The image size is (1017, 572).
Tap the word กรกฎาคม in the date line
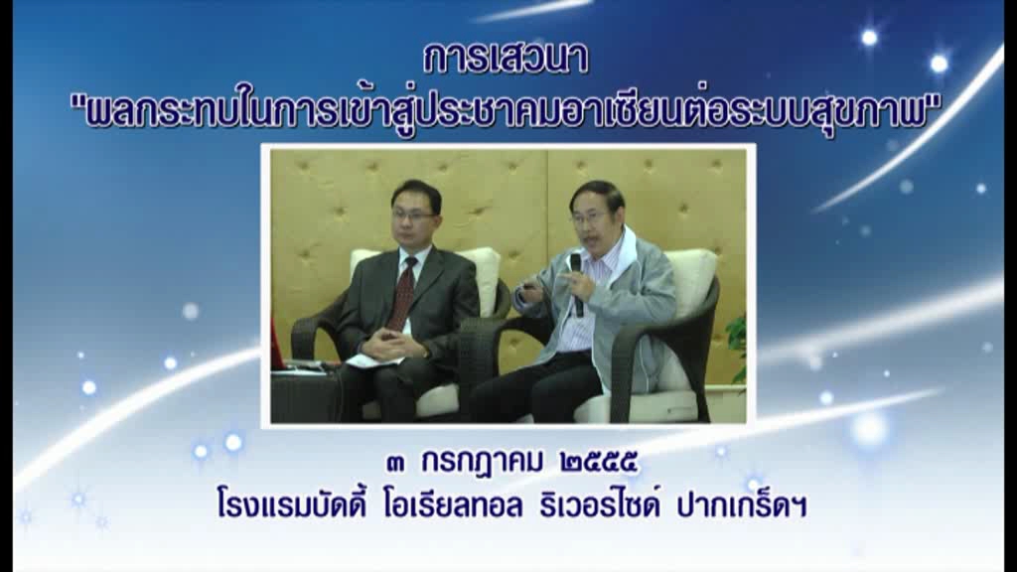click(x=482, y=463)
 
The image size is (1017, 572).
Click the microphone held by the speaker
click(x=577, y=285)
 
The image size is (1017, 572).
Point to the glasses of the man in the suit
click(x=412, y=214)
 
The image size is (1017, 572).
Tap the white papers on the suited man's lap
click(x=373, y=360)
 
